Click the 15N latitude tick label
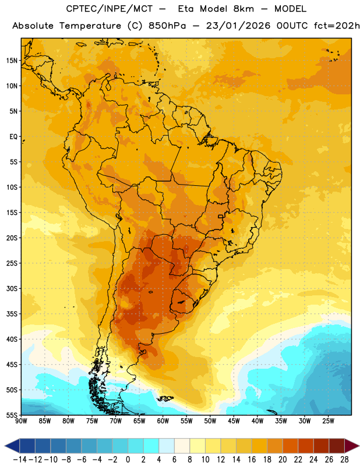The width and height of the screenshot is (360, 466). tap(12, 61)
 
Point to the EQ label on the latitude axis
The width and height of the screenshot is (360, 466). tap(13, 137)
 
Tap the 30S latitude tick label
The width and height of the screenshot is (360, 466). tap(12, 288)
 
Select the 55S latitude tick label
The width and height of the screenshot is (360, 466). tap(12, 415)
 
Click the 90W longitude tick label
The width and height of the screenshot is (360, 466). tap(21, 421)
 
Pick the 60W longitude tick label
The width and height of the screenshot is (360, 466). tap(163, 421)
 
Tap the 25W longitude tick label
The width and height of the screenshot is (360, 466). tap(328, 421)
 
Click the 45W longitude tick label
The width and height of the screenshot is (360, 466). tap(234, 421)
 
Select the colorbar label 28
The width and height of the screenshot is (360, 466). tap(344, 460)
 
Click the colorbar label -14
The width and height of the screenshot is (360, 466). tap(20, 460)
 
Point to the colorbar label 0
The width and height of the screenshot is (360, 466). tap(128, 460)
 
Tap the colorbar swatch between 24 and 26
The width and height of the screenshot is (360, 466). tap(322, 446)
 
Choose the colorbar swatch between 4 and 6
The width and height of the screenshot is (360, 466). tap(167, 446)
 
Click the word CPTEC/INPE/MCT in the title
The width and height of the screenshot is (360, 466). tap(110, 9)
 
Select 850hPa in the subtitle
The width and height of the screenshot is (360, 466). tap(167, 26)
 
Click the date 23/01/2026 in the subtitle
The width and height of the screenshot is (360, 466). tap(238, 26)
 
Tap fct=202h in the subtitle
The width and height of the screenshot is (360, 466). tap(337, 26)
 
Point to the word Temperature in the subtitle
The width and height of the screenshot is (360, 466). tap(90, 26)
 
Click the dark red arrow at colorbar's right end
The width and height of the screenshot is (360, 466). tap(352, 446)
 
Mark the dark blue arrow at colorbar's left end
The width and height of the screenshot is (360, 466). tap(12, 446)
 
